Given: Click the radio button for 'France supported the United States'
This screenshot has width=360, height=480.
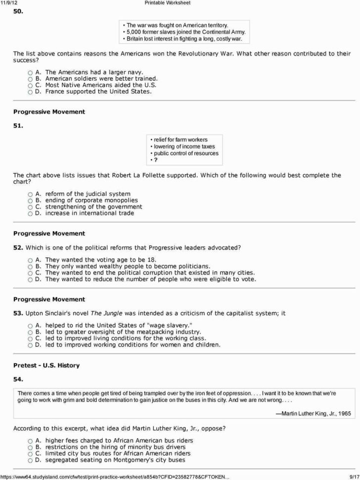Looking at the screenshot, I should coord(30,92).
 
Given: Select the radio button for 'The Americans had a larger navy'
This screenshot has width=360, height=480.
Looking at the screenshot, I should coord(30,72).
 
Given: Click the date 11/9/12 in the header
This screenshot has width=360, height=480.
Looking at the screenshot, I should coord(8,3).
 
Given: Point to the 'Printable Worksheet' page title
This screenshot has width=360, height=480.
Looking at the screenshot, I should coord(167,3).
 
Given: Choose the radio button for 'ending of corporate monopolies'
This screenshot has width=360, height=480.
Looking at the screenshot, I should coord(30,200).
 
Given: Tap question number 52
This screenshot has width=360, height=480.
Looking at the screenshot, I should coord(18,247).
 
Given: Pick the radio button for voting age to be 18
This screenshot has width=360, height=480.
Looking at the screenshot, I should coord(30,260).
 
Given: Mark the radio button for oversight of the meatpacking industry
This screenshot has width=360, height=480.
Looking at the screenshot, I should coord(30,332).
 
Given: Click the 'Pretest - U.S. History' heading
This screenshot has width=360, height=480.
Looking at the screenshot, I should coord(46,365).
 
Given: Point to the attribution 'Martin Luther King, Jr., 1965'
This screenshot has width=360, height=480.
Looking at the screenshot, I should coord(313,413).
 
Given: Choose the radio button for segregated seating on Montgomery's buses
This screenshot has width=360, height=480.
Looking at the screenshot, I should coord(30,460).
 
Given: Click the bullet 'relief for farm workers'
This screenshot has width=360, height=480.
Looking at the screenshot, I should coord(180,140).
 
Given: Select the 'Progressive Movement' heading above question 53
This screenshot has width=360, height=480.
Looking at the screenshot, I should coord(49,299).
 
